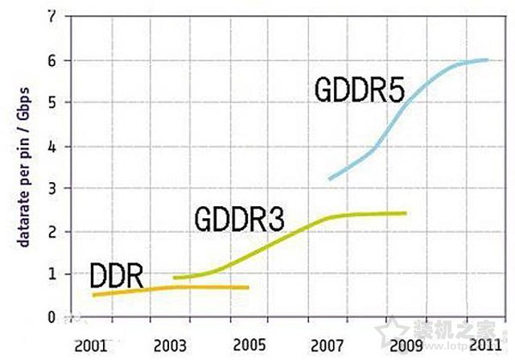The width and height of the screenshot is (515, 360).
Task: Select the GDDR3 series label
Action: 239,218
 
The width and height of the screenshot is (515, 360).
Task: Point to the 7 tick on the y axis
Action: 52,16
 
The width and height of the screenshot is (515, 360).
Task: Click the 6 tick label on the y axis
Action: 52,60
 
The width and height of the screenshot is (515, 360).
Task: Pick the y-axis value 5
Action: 52,103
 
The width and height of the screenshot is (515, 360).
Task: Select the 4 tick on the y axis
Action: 52,147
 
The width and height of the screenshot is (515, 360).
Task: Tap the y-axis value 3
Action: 52,188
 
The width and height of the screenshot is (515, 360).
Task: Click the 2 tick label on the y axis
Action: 52,232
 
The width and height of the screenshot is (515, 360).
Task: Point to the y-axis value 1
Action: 52,274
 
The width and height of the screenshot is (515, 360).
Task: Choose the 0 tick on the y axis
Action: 52,317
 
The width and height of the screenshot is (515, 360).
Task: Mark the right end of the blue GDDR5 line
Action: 488,60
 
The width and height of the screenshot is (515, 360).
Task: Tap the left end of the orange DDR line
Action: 93,296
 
